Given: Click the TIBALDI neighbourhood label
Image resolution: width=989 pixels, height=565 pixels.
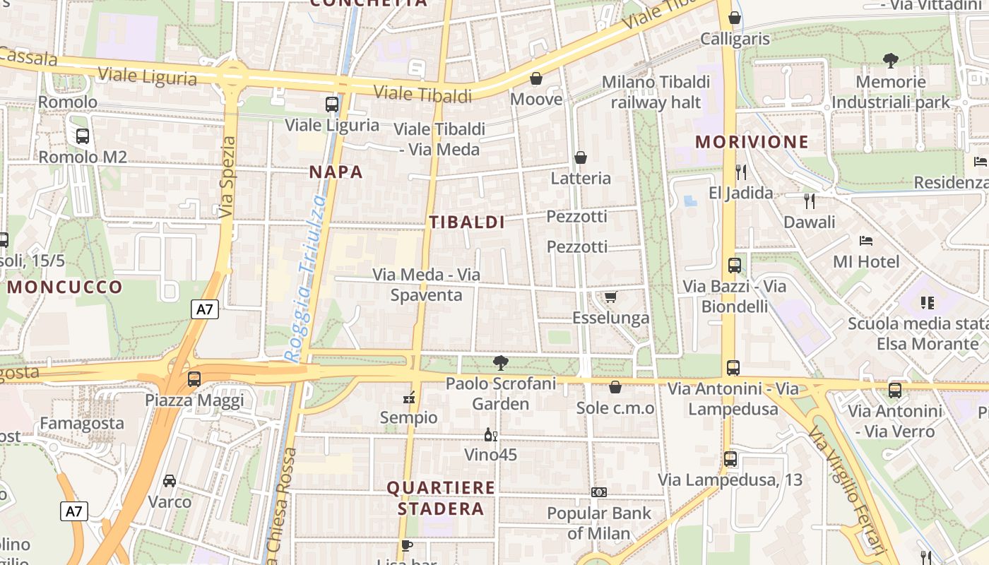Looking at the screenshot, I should pos(467,222).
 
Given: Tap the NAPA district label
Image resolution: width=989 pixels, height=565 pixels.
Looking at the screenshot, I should pos(336,172).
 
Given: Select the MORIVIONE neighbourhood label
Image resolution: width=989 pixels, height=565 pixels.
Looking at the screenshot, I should pos(752,142).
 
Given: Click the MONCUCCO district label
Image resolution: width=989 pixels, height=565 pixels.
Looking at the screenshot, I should pos(65,287).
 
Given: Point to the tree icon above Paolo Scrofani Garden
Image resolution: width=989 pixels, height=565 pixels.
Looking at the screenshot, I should pos(501,363).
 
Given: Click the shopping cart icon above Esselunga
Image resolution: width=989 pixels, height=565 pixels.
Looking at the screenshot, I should pos(610,297).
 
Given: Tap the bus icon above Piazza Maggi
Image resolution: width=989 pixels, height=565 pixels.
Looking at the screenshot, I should pos(194,379).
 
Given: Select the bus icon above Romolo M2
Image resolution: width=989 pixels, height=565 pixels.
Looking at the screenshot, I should pos(83,136).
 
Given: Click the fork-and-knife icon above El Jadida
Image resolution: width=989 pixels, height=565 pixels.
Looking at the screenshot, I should pos(740,172).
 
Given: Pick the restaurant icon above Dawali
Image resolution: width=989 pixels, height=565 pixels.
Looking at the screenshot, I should pos(810,201).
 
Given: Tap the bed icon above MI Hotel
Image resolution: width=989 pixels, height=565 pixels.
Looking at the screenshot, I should pos(866,241).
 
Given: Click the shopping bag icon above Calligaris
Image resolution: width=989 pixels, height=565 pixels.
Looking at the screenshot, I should pos(735,18).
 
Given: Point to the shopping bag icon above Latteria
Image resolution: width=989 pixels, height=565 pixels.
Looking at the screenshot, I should pos(581,157).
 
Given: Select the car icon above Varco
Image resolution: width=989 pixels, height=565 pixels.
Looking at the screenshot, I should pos(170,481).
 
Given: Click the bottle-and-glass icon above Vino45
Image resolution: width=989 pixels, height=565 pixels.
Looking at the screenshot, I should pos(490,434).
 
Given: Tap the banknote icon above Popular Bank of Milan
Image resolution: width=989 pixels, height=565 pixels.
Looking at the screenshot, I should pos(599,492).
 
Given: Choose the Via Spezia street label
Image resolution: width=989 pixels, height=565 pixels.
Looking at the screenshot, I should pos(227,177).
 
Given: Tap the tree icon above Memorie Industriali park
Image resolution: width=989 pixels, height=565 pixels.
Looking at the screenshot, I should pos(890,61).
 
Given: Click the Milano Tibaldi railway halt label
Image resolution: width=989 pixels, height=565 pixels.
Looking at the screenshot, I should pos(656,93).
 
